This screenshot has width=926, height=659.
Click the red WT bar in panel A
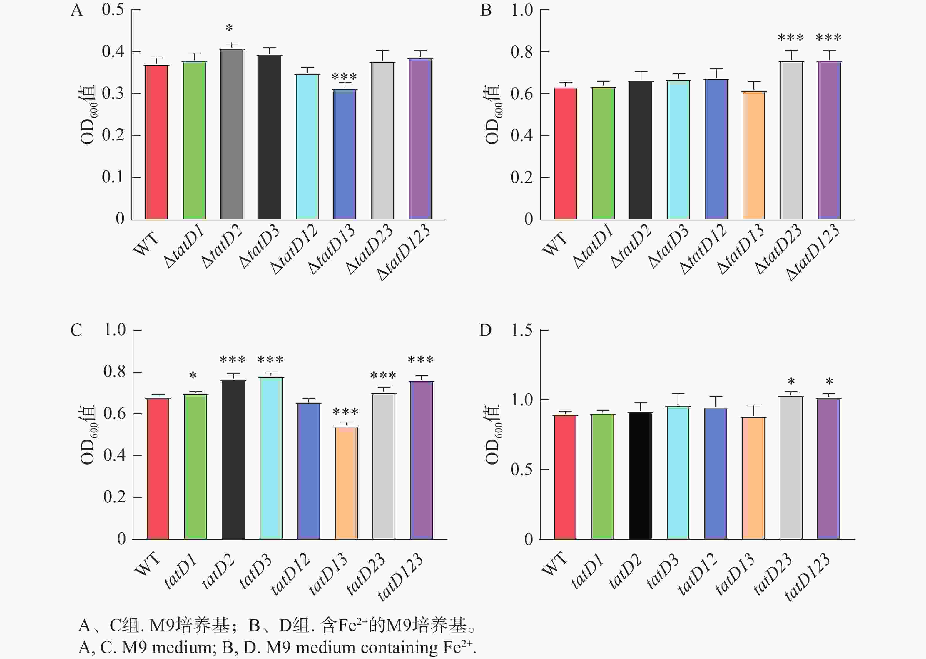coord(157,142)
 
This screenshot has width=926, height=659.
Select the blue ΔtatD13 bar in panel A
coord(345,154)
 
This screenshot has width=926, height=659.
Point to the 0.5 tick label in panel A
coord(113,9)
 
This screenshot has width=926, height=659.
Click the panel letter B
coord(486,10)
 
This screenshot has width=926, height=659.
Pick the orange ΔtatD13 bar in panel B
coord(753,155)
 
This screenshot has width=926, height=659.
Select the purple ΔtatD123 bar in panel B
coord(829,140)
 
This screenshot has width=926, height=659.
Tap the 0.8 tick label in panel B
coord(522,52)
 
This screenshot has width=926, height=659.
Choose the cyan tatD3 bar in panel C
coord(271,458)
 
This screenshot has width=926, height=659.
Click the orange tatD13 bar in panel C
coord(346,483)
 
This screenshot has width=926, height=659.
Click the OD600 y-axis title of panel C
coord(87,435)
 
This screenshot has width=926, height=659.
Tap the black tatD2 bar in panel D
coord(640,476)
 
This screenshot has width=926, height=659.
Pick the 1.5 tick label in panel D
coord(522,330)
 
